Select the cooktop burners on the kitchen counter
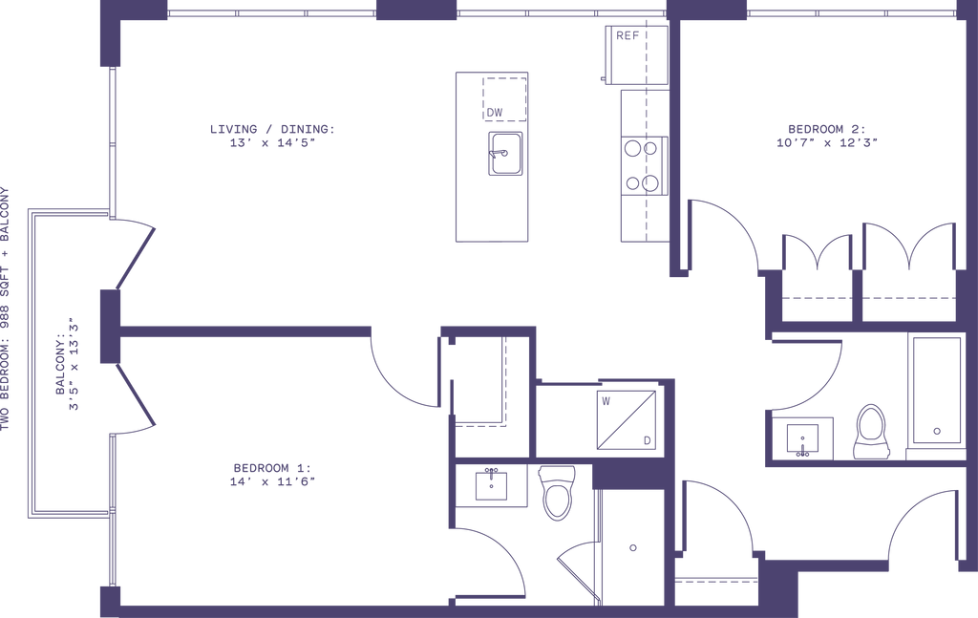coord(639,164)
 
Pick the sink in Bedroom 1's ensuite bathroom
coord(491,483)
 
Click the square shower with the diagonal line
coord(624,420)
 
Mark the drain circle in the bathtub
coord(937,431)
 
